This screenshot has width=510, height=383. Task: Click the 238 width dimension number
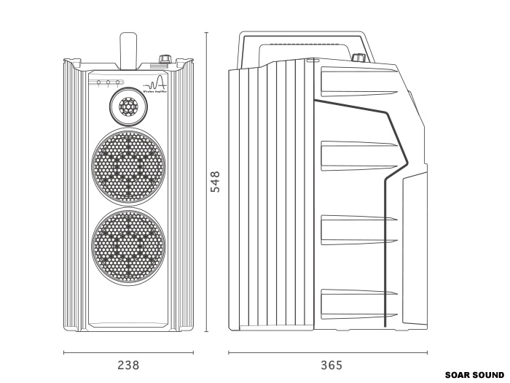tap(128, 365)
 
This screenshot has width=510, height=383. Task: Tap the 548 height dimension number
tap(215, 181)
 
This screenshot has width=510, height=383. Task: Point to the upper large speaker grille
tap(128, 166)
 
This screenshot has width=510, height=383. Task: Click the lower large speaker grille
tap(128, 244)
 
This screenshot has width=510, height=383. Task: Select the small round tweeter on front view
tap(128, 108)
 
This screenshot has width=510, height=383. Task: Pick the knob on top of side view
tap(358, 58)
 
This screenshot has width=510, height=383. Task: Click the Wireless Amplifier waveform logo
tap(157, 85)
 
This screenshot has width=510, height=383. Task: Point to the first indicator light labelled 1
tap(99, 82)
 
